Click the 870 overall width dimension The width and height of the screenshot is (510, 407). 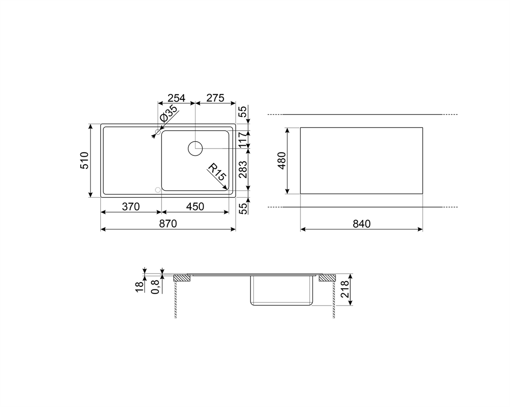pos(168,224)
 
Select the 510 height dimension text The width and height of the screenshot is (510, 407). pos(85,160)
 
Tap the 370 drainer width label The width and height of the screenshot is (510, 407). pos(130,207)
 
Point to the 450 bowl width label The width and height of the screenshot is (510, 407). pos(195,207)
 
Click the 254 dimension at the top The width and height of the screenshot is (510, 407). pos(176,98)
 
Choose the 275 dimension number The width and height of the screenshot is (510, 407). pos(215,98)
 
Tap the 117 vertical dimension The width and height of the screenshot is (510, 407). pos(243,140)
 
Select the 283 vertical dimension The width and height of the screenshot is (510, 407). pos(243,169)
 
